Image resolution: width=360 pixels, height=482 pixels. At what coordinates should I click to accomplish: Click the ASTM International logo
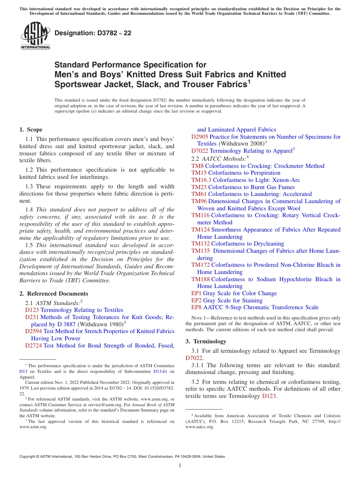pyautogui.click(x=35, y=36)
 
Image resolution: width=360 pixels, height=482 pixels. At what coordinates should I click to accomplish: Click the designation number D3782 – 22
pyautogui.click(x=93, y=33)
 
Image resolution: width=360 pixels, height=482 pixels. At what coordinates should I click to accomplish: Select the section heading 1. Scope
pyautogui.click(x=31, y=130)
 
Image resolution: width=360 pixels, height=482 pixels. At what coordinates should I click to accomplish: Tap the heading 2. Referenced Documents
pyautogui.click(x=53, y=294)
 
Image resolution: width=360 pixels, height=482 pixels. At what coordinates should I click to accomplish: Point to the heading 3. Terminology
pyautogui.click(x=206, y=341)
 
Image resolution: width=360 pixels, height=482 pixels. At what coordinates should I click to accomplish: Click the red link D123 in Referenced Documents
pyautogui.click(x=32, y=310)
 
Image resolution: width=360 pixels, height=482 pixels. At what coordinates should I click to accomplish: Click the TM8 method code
pyautogui.click(x=197, y=166)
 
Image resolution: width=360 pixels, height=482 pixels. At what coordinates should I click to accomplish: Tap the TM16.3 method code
pyautogui.click(x=201, y=180)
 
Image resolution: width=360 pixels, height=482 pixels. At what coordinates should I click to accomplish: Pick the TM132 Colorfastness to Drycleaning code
pyautogui.click(x=200, y=244)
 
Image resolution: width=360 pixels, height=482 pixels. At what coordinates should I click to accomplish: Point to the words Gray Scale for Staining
pyautogui.click(x=233, y=300)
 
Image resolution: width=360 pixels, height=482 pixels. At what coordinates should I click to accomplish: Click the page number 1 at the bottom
pyautogui.click(x=180, y=465)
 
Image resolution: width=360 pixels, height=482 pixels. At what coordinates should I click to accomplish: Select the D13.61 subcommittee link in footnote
pyautogui.click(x=160, y=372)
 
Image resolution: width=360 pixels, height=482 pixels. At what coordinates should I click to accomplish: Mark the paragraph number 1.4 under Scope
pyautogui.click(x=29, y=210)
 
